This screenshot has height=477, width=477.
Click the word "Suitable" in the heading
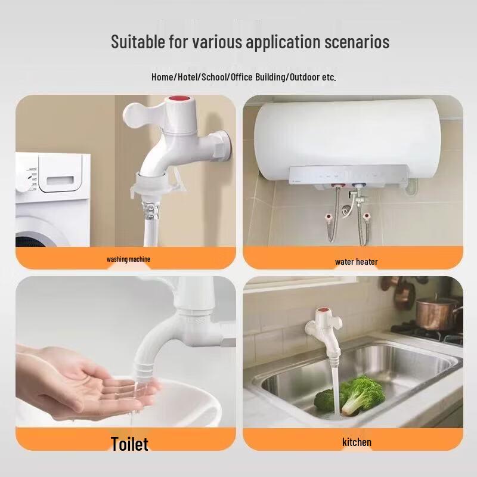(x=138, y=41)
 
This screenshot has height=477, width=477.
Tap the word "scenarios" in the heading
(x=357, y=42)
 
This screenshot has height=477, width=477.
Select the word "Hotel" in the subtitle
(x=187, y=77)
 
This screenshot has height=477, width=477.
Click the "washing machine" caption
(x=128, y=259)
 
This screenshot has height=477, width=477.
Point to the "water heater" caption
(x=356, y=262)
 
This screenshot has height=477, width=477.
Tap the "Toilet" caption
(x=129, y=444)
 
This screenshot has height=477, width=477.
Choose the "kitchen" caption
(x=357, y=442)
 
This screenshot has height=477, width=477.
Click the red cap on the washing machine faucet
(x=179, y=99)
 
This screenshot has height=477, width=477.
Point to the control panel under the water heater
(x=348, y=175)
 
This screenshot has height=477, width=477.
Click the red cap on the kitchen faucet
(x=323, y=311)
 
